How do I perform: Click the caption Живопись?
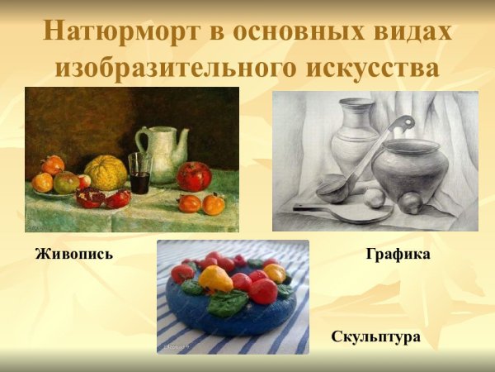(74, 254)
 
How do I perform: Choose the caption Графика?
(398, 254)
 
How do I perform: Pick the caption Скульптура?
(376, 336)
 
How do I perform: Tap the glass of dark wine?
(139, 174)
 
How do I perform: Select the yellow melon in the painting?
(106, 172)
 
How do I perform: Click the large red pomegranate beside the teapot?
(194, 175)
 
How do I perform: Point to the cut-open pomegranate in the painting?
(90, 198)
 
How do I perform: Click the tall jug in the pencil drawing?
(356, 136)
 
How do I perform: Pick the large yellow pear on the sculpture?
(217, 279)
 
